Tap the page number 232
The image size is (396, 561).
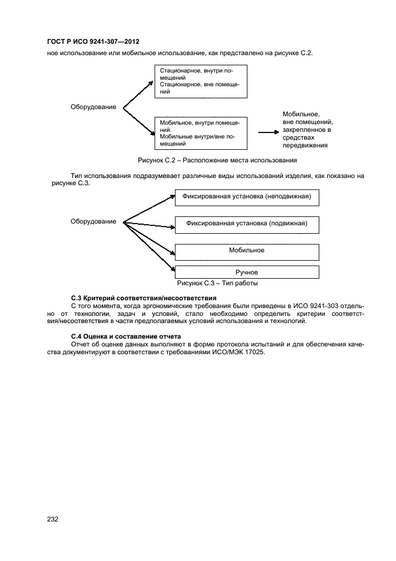click(53, 520)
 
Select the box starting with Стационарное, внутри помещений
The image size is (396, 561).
click(201, 82)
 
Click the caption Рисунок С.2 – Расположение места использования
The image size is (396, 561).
click(217, 161)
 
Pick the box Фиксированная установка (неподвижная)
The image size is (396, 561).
click(246, 197)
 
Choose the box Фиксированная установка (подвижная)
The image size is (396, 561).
click(246, 224)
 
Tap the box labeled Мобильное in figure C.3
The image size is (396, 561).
click(246, 251)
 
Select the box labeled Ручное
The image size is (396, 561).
click(246, 272)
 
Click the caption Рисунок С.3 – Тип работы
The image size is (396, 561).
click(217, 283)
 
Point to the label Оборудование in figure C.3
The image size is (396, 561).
click(93, 222)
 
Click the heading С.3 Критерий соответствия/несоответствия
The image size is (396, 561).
click(143, 298)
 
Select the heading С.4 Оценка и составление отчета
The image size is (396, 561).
click(125, 336)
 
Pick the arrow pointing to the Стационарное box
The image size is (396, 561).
click(138, 95)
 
